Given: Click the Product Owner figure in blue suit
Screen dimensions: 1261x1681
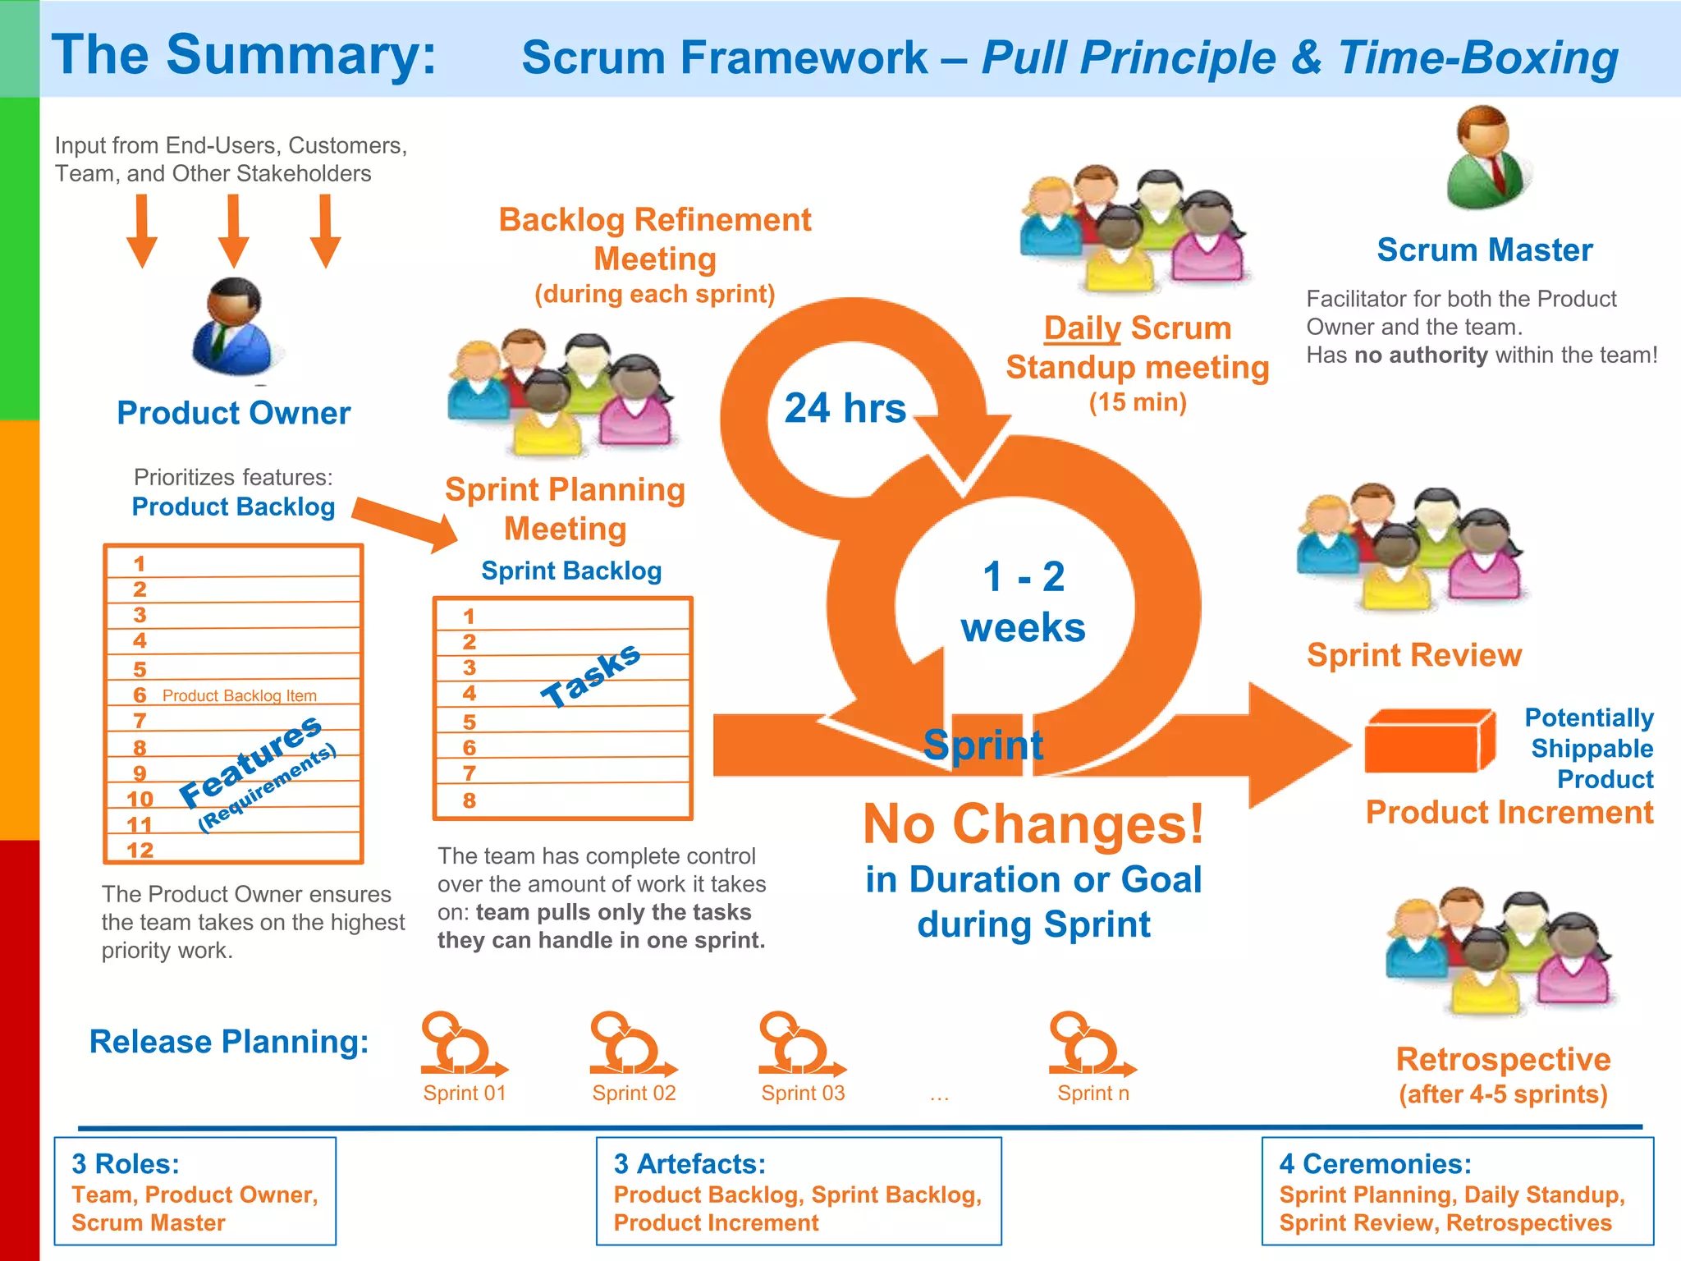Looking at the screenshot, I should coord(233,328).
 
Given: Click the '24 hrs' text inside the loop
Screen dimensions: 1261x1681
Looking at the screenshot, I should coord(845,408).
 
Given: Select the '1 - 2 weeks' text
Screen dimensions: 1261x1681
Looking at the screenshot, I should coord(1023,602).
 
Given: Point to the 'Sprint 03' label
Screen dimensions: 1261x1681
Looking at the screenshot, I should coord(803,1093).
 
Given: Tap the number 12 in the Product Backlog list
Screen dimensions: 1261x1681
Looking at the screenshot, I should coord(140,851).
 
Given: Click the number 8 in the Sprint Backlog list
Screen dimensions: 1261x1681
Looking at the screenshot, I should coord(469,800).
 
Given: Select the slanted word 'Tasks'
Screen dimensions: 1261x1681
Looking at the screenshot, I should coord(590,676).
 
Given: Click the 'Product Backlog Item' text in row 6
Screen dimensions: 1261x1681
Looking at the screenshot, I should coord(239,695).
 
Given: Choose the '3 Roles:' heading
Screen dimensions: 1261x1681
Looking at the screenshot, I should coord(126,1164).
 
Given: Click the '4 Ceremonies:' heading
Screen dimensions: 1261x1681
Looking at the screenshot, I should coord(1375,1164).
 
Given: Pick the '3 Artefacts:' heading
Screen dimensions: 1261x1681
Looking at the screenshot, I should coord(689,1164).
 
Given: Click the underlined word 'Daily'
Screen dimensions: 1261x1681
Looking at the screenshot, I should coord(1082,328).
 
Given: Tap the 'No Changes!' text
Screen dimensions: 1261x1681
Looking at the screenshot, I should coord(1033,824).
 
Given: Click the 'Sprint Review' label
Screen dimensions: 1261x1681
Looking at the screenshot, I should coord(1414,655).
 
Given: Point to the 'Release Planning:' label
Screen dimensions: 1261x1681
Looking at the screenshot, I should coord(229,1042).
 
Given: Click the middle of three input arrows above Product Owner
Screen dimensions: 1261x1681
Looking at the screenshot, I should coord(234,231).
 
